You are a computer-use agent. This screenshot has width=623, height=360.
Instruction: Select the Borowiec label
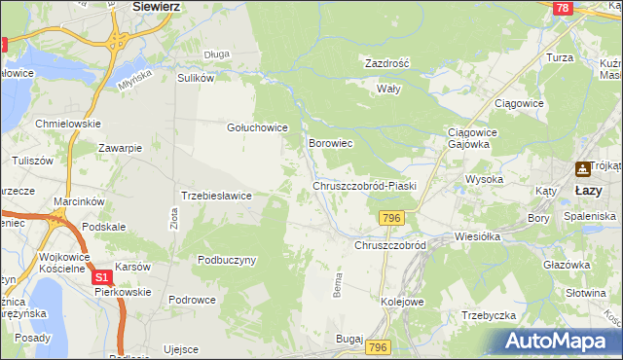[x=330, y=143]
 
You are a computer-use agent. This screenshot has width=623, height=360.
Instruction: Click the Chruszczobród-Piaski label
[x=364, y=185]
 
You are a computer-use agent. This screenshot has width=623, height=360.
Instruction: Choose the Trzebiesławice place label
[x=217, y=196]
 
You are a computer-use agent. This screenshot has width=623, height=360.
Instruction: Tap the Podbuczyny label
[x=226, y=260]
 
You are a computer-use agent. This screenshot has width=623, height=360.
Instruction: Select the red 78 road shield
[x=562, y=8]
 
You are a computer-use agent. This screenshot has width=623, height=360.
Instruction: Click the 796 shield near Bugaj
[x=379, y=347]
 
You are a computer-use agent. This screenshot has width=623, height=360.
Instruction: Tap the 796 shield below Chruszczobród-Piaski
[x=392, y=218]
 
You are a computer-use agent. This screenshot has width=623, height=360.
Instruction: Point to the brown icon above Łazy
[x=583, y=168]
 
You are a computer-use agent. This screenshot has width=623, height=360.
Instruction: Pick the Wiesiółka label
[x=477, y=236]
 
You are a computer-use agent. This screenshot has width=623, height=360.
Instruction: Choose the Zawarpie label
[x=121, y=148]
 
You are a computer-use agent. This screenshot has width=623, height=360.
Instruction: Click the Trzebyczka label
[x=488, y=315]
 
